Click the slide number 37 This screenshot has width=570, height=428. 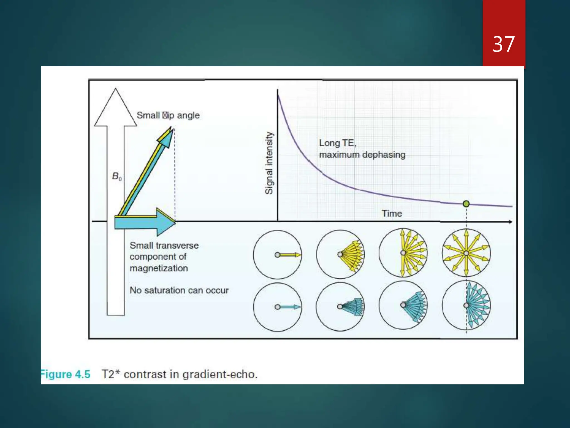pyautogui.click(x=503, y=44)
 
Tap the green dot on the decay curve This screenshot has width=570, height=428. pyautogui.click(x=466, y=204)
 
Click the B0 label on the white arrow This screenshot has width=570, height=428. pyautogui.click(x=117, y=176)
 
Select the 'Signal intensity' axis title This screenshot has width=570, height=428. pyautogui.click(x=269, y=163)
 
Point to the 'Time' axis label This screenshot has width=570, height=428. pyautogui.click(x=392, y=213)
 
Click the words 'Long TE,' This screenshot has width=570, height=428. pyautogui.click(x=337, y=143)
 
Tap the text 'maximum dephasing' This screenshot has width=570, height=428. pyautogui.click(x=362, y=155)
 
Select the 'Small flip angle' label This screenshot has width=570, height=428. pyautogui.click(x=168, y=115)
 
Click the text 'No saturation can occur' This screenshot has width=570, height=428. pyautogui.click(x=179, y=290)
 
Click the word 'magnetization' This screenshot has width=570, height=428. pyautogui.click(x=159, y=268)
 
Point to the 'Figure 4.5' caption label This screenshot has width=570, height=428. pyautogui.click(x=66, y=374)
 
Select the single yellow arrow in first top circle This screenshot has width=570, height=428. pyautogui.click(x=289, y=255)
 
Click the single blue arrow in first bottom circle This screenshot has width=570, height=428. pyautogui.click(x=289, y=307)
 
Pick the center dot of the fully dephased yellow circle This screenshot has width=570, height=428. pyautogui.click(x=466, y=253)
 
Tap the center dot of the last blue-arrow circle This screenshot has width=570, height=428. pyautogui.click(x=466, y=305)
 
